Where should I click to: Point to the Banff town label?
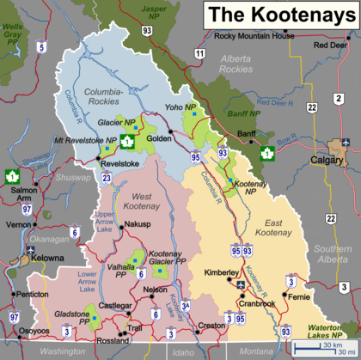coord(247,135)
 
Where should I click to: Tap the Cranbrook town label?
coord(257,303)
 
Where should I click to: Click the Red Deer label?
coord(329,45)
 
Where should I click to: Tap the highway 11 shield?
coord(199,53)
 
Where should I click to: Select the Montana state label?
coord(255,352)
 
